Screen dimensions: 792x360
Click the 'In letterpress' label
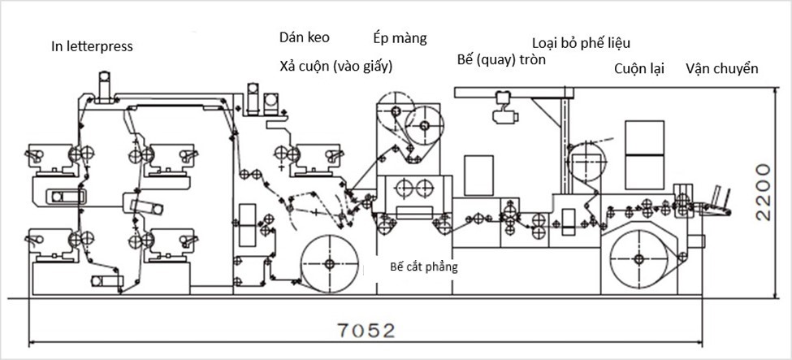[92, 46]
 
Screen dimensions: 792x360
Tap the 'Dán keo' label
[305, 37]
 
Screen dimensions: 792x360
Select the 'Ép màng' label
[400, 38]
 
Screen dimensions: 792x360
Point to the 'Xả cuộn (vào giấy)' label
[336, 67]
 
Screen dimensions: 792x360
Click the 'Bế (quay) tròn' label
[501, 59]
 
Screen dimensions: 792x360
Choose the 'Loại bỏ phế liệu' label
[582, 43]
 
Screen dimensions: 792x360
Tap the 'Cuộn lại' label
[639, 69]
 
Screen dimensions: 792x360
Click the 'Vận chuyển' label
[722, 69]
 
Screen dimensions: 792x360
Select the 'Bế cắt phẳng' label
[424, 267]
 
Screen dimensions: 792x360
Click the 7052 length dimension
[366, 331]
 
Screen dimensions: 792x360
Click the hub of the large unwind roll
[329, 263]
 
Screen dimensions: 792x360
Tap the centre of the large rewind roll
[638, 259]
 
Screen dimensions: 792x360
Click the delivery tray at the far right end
[715, 203]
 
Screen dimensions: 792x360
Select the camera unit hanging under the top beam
[505, 106]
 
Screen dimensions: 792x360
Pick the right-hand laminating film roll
[424, 125]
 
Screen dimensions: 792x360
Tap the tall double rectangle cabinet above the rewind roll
[644, 154]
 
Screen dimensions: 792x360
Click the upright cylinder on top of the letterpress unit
[104, 86]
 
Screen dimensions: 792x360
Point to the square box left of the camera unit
[478, 175]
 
